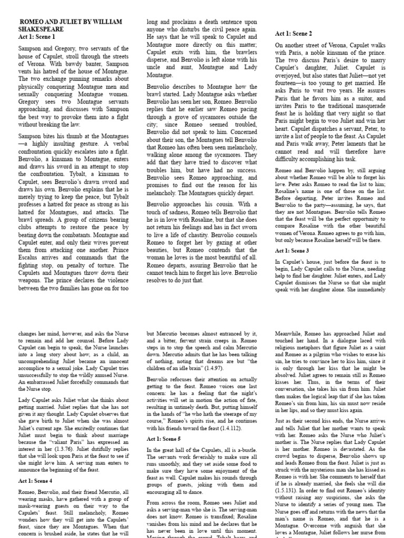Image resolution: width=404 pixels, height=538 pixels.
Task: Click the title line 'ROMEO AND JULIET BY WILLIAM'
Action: (70, 22)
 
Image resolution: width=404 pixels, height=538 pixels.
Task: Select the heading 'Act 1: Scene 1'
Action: (36, 37)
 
